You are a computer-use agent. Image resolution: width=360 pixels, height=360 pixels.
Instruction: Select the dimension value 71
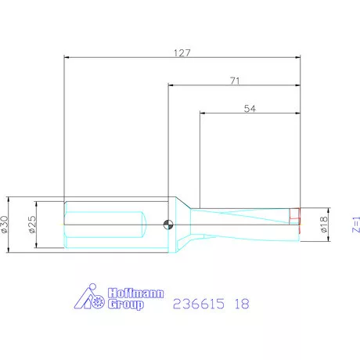click(x=234, y=81)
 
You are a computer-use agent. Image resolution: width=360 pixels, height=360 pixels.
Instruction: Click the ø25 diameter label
click(x=33, y=225)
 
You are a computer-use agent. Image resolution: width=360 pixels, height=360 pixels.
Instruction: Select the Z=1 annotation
click(x=355, y=225)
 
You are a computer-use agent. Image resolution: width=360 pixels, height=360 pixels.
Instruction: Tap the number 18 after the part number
click(x=242, y=304)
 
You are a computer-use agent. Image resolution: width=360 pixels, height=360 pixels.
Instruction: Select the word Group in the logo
click(x=125, y=304)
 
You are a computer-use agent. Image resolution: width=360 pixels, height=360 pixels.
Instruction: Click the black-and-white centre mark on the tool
click(x=167, y=225)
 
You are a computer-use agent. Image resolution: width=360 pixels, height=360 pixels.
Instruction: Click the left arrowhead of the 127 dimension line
click(x=67, y=56)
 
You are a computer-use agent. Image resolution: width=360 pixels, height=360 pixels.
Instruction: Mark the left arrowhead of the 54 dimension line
click(x=203, y=114)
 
